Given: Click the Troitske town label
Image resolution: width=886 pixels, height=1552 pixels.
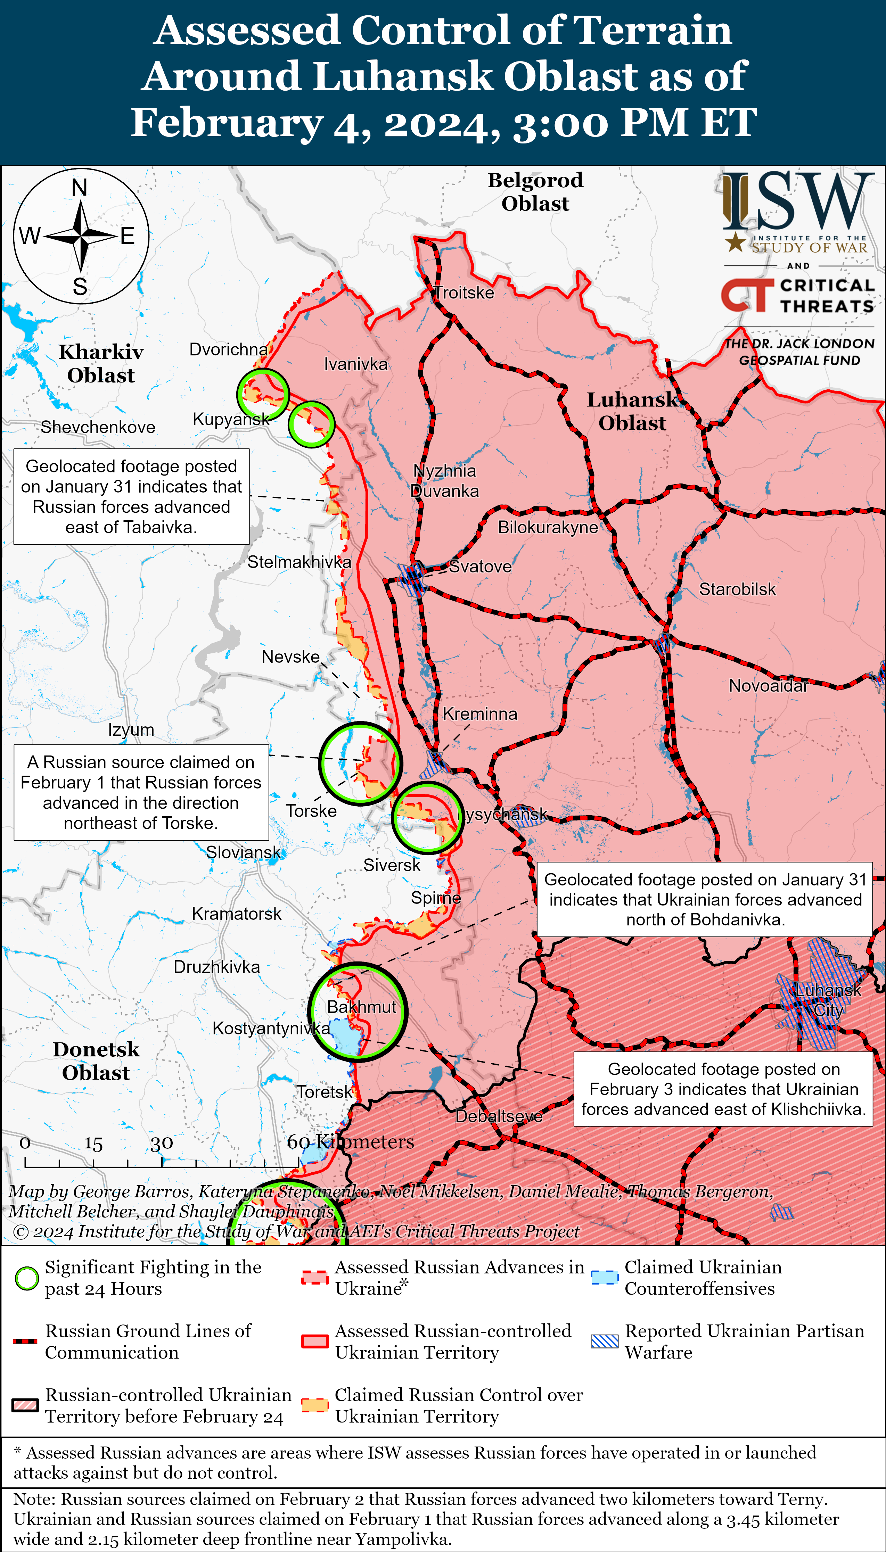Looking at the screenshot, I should [x=464, y=292].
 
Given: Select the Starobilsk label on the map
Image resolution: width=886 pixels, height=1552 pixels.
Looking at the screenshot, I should [x=737, y=589].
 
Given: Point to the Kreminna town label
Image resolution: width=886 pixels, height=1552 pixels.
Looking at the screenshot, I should [x=479, y=714].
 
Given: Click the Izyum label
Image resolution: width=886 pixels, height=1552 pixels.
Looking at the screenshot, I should [x=131, y=730].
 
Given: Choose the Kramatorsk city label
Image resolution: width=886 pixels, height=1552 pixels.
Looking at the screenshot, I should [x=236, y=914].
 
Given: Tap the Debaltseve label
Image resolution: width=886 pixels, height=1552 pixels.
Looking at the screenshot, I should [x=499, y=1116].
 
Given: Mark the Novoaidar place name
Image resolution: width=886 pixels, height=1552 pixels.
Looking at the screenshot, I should [x=768, y=686].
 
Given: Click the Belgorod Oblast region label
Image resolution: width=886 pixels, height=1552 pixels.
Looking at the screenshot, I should [x=535, y=191].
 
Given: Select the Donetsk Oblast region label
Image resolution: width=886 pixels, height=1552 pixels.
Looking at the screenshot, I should [x=96, y=1060].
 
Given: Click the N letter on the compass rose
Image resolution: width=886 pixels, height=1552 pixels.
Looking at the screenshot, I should [x=80, y=188].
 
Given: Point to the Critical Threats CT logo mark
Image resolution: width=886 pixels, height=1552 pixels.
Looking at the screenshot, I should [x=746, y=295].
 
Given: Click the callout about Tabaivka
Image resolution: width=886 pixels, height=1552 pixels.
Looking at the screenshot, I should [x=131, y=496].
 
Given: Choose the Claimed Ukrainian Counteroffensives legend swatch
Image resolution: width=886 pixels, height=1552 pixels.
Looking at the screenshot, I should [x=605, y=1277].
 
